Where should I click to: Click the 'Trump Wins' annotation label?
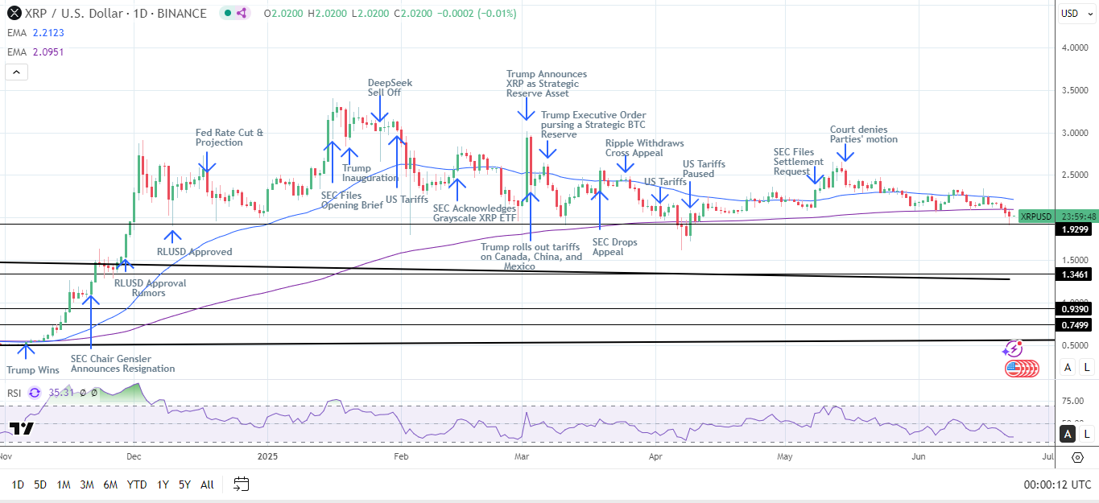coord(32,370)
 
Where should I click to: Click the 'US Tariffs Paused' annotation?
coord(704,168)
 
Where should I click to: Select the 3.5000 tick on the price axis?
coord(1076,90)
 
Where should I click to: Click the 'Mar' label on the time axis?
coord(520,456)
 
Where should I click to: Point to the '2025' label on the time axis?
coord(267,456)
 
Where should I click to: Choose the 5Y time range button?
coord(184,484)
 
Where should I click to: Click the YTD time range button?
coord(137,484)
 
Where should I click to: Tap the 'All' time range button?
coord(207,484)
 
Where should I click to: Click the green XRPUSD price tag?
coord(1035,216)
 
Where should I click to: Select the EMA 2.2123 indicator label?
coord(35,32)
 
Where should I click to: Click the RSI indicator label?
coord(14,393)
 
